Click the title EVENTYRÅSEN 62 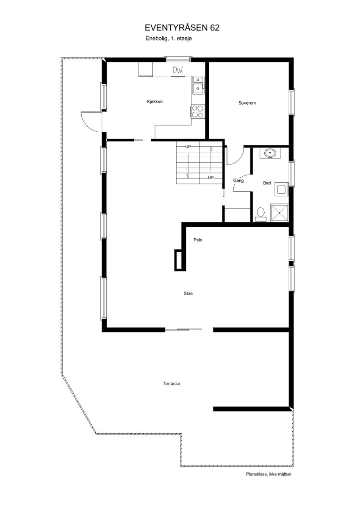(182, 28)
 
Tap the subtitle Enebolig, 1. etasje (169, 38)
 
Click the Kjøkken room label (155, 102)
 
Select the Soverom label (247, 103)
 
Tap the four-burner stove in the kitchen (198, 111)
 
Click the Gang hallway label (238, 181)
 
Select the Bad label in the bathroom (267, 183)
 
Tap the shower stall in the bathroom (280, 213)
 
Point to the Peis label (197, 240)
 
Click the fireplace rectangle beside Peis (180, 260)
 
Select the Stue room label (188, 293)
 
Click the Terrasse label (172, 383)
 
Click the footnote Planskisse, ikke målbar (269, 474)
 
